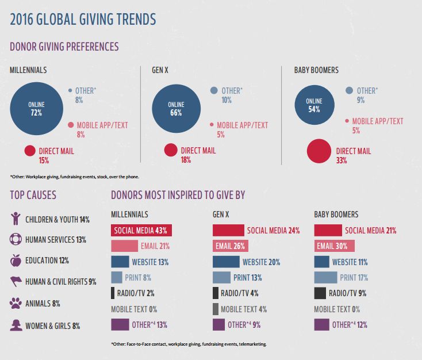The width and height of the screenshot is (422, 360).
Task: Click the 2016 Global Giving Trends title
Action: point(83,19)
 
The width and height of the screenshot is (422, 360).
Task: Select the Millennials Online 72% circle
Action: point(36,108)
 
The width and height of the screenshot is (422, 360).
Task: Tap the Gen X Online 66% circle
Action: point(175,108)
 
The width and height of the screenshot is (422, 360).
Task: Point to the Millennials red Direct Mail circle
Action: point(30,151)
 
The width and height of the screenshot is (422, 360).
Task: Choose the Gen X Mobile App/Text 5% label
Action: point(242,129)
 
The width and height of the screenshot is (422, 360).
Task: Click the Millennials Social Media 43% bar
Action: point(141,231)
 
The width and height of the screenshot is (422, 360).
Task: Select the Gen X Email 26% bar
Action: point(230,246)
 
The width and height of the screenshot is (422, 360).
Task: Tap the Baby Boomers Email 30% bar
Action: point(335,246)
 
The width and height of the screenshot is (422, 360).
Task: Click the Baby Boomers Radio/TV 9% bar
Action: point(321,293)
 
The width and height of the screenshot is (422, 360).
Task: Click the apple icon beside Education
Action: point(16,260)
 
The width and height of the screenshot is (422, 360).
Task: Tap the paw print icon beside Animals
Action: point(16,302)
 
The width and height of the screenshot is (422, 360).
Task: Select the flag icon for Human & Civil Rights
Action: point(16,281)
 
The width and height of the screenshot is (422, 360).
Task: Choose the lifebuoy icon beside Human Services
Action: point(16,239)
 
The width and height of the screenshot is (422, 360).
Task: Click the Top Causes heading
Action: point(33,195)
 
